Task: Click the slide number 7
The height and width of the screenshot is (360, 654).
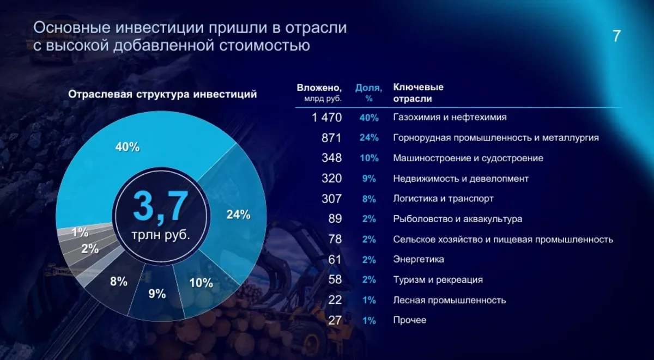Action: (616, 36)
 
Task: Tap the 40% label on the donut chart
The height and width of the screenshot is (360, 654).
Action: (128, 147)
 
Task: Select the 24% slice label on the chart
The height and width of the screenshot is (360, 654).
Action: (238, 215)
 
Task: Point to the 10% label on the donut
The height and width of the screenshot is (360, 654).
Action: (201, 283)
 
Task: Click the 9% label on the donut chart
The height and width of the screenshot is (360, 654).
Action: (156, 294)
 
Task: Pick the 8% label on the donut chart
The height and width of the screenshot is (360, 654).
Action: (118, 282)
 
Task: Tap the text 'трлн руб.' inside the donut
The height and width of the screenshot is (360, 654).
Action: (161, 236)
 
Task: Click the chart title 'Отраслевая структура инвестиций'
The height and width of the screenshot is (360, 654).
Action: (162, 94)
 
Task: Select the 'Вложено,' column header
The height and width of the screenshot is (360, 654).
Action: (319, 87)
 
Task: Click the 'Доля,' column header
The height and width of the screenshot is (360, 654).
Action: (368, 87)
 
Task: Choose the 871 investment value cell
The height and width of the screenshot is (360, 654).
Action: (331, 138)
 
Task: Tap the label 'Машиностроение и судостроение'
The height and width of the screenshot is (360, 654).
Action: (468, 158)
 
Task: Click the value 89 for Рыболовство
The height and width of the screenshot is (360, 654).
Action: (335, 219)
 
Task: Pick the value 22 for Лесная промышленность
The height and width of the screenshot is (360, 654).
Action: (335, 300)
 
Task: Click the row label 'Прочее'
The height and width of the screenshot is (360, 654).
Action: (410, 320)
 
